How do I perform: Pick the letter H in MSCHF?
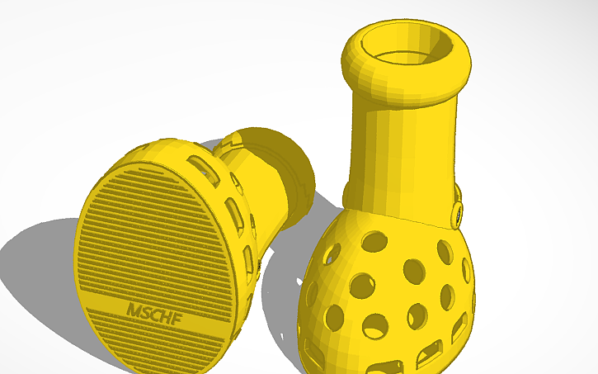click(164, 312)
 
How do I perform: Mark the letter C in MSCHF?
click(155, 312)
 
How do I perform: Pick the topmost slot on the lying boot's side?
click(199, 163)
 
